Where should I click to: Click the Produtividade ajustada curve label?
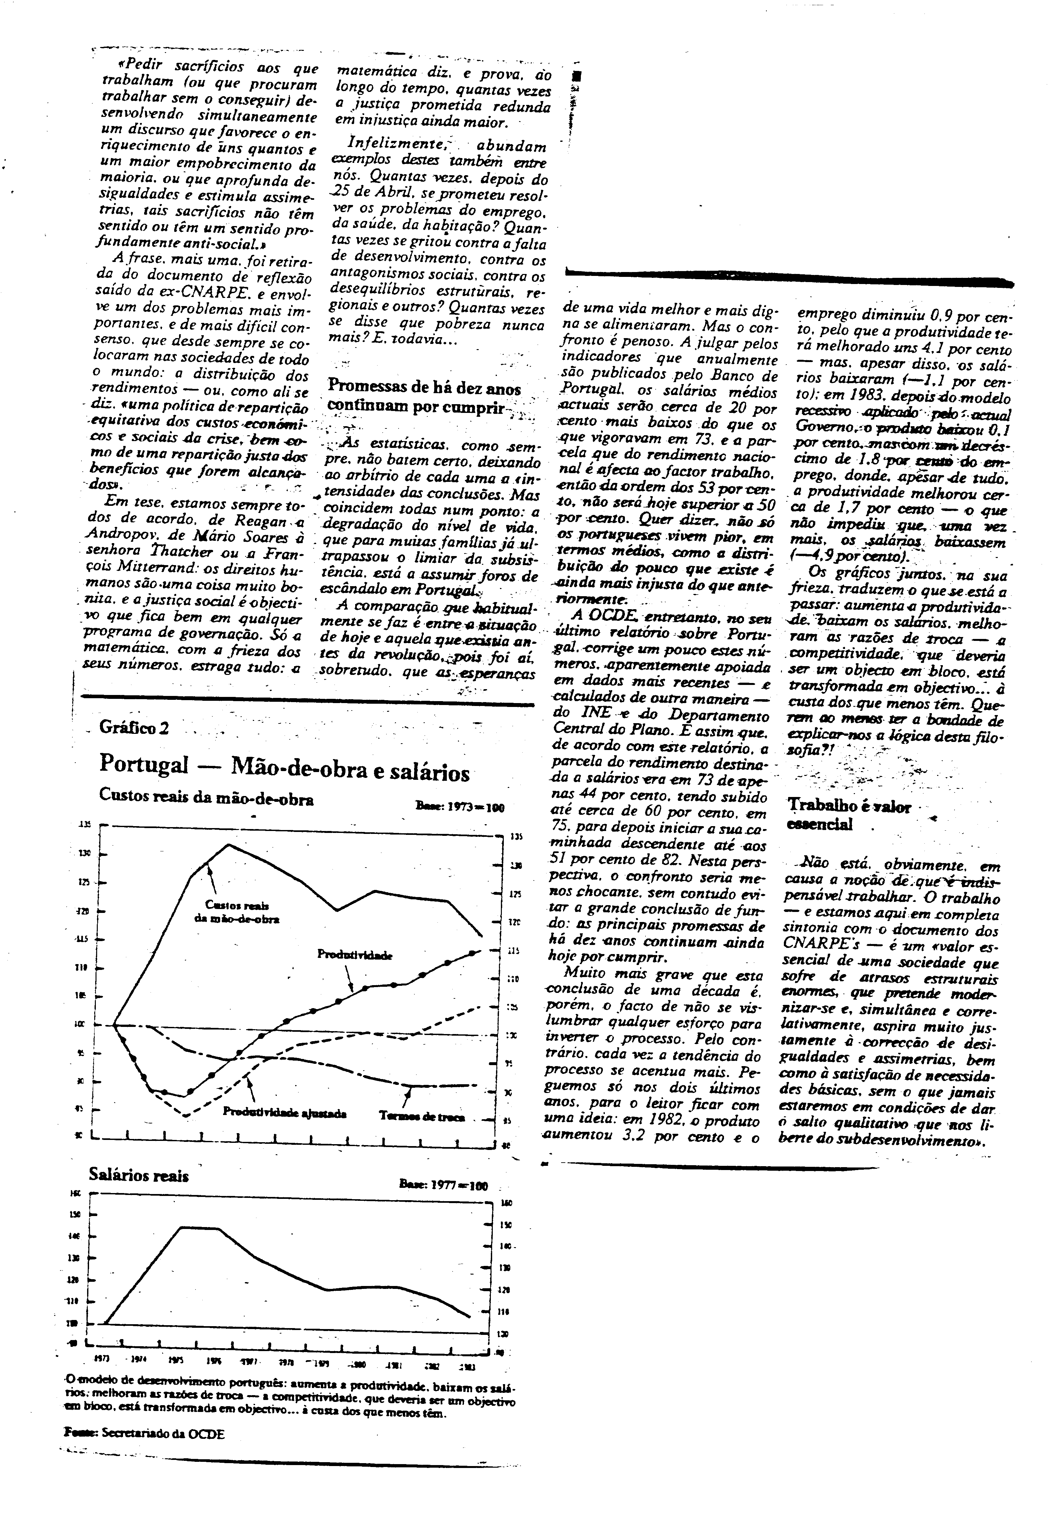pos(285,1112)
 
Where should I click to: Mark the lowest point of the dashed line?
pos(186,1116)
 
